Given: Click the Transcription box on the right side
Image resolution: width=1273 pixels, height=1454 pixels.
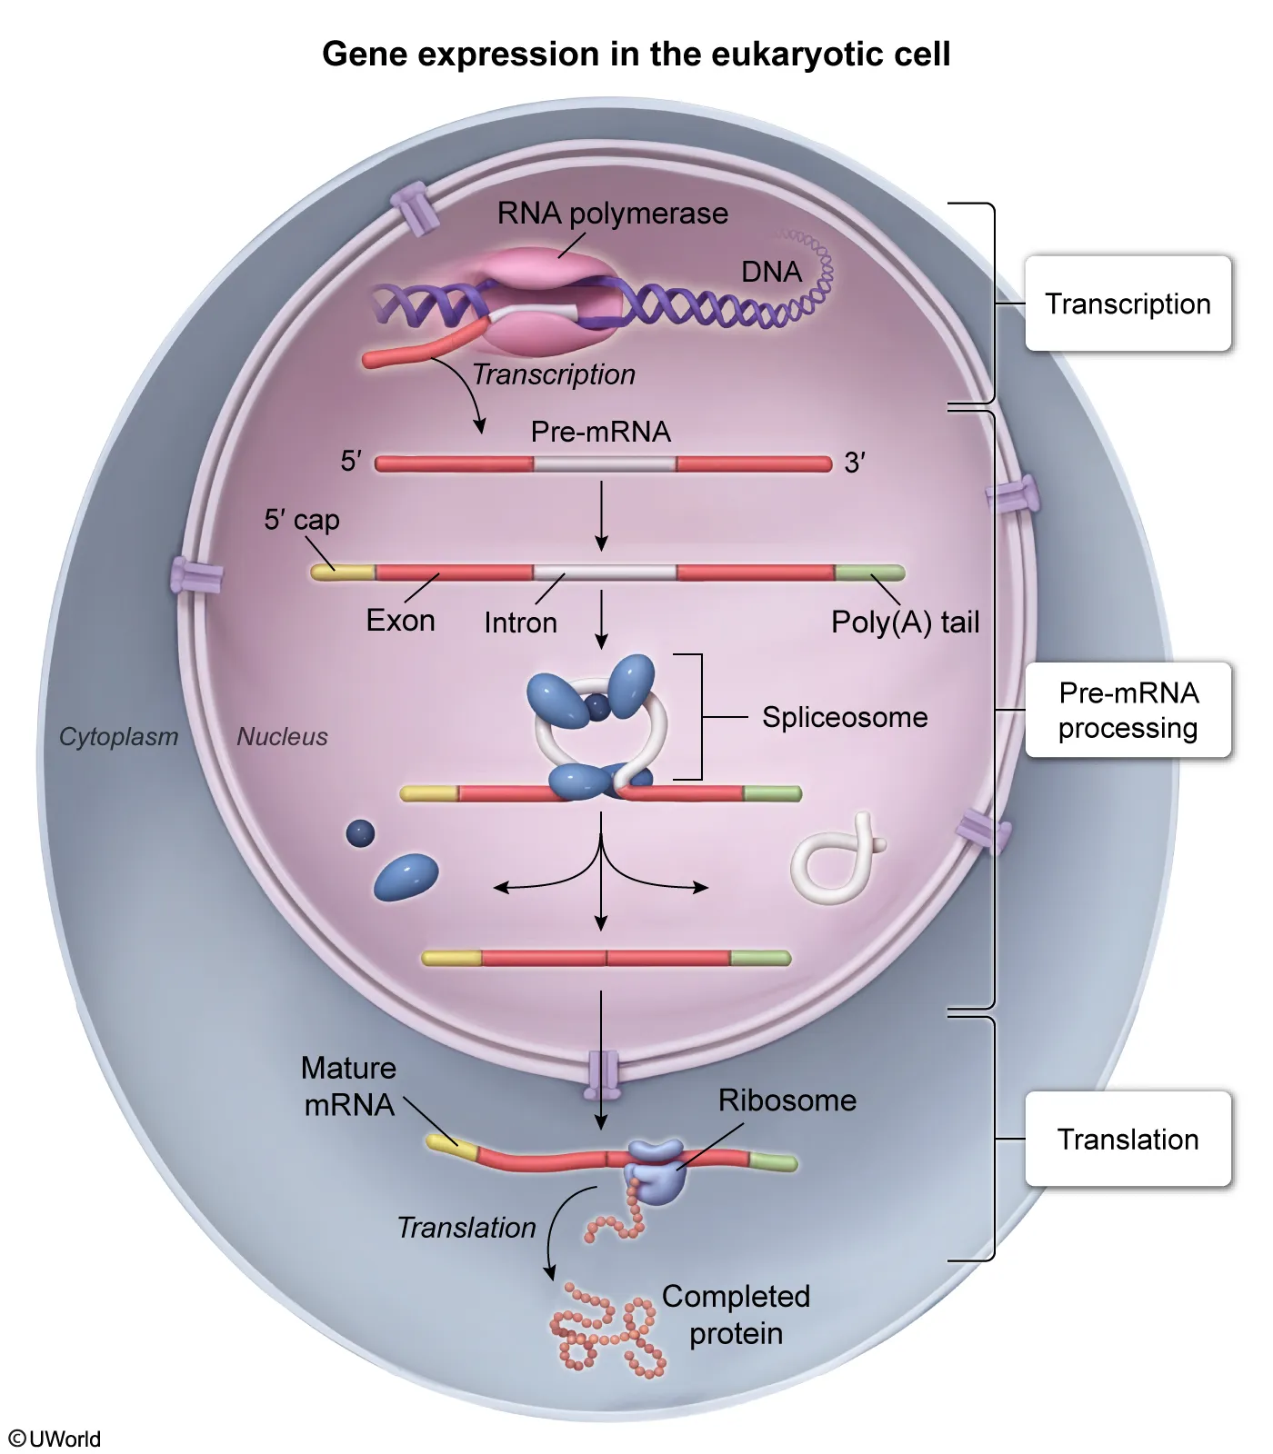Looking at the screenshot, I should (1128, 304).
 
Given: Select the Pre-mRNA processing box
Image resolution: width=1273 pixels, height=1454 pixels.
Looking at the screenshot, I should (1128, 711).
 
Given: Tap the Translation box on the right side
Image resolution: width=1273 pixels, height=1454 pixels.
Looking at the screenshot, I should (1128, 1140).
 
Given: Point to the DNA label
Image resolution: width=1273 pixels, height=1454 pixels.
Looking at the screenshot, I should (771, 272).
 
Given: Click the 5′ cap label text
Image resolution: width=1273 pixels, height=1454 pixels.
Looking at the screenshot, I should (302, 520).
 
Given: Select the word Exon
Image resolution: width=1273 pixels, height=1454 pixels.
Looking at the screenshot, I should (400, 622).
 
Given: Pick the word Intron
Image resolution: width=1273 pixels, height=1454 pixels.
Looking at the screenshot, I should (520, 623).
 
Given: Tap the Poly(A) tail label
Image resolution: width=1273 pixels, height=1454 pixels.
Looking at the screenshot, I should (905, 622).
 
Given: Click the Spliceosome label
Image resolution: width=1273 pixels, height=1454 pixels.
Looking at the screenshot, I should (845, 717).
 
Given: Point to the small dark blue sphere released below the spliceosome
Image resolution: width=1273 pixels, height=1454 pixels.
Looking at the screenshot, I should (360, 832).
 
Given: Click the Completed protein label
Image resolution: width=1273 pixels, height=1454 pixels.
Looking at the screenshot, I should (736, 1315).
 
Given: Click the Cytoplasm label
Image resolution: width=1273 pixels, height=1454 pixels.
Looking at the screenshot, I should (118, 737).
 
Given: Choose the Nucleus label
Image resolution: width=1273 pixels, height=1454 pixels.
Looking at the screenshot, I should (282, 737).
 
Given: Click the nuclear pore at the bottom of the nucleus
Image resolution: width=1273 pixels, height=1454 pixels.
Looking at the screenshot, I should (603, 1071).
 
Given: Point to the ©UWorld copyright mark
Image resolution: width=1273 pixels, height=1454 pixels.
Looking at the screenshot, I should (55, 1439).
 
